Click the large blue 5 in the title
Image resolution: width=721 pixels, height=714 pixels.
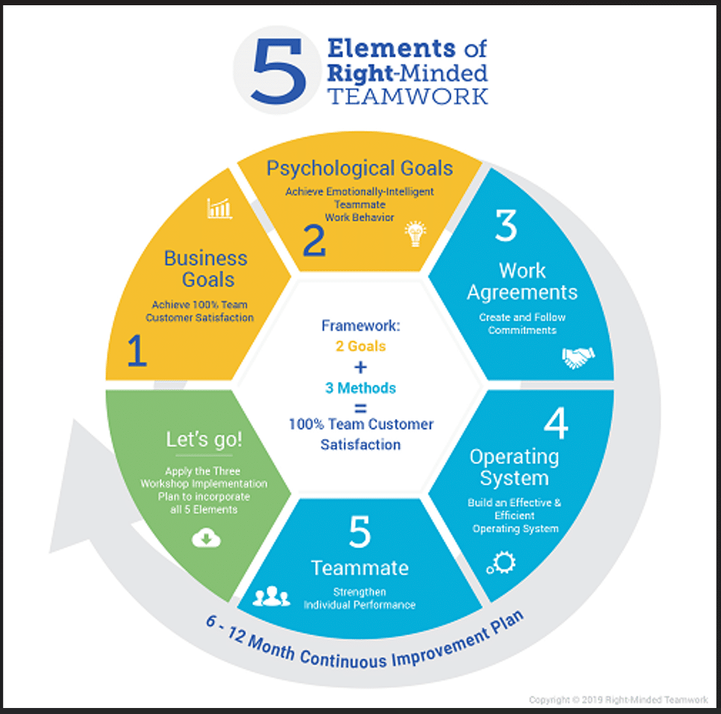click(x=279, y=71)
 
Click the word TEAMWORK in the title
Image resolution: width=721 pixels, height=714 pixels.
click(x=407, y=96)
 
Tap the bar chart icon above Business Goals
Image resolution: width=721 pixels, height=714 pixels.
click(x=219, y=208)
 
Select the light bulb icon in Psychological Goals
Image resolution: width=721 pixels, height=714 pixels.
click(x=415, y=233)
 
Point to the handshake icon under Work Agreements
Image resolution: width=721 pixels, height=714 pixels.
click(x=578, y=357)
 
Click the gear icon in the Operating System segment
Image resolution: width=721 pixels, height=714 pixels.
click(x=502, y=563)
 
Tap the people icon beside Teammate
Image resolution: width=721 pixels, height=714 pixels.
click(x=271, y=596)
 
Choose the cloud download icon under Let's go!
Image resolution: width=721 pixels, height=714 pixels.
click(x=206, y=538)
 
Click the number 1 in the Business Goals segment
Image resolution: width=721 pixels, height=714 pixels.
click(x=137, y=351)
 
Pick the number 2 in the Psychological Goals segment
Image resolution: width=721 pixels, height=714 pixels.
click(x=315, y=240)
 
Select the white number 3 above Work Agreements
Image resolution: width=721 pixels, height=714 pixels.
click(x=506, y=225)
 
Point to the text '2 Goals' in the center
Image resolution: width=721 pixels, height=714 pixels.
click(x=360, y=345)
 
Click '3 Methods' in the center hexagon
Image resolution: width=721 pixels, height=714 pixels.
click(x=360, y=388)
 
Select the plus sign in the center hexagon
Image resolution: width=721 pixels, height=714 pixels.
click(x=360, y=367)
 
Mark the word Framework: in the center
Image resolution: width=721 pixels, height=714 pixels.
click(x=360, y=326)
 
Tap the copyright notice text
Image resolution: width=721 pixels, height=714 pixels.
click(x=618, y=700)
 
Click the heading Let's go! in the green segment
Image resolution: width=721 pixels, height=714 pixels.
click(x=204, y=439)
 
